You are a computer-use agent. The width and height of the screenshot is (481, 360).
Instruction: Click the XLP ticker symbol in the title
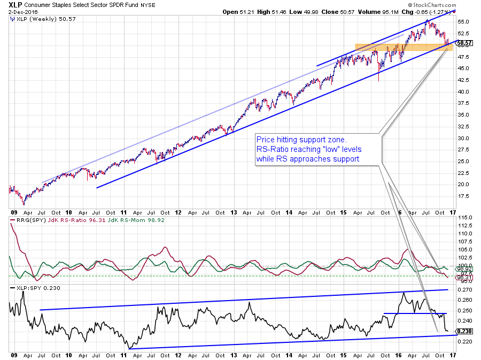(15, 4)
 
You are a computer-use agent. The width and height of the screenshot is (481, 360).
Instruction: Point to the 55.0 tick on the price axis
(463, 22)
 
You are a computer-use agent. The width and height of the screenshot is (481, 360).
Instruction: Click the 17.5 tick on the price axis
(463, 196)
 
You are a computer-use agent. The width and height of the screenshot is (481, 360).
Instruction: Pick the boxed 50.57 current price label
(464, 43)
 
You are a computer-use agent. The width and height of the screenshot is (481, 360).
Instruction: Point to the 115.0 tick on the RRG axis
(464, 217)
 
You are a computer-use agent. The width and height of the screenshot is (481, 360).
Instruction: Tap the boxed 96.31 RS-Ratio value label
(464, 278)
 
